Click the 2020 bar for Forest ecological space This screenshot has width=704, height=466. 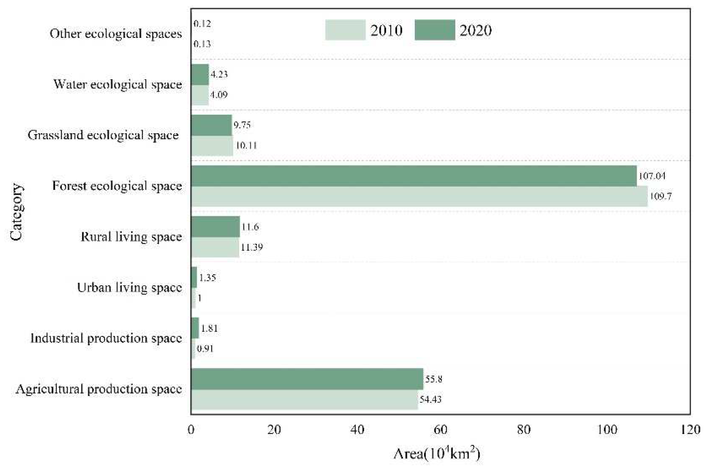[x=414, y=176]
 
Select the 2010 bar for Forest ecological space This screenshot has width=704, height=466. [x=419, y=196]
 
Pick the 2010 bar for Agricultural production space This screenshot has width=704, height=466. [x=304, y=399]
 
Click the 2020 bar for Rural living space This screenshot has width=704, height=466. [x=215, y=227]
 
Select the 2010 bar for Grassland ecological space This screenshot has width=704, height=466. [x=212, y=146]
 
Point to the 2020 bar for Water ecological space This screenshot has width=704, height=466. [x=200, y=75]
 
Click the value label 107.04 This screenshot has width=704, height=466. [x=652, y=176]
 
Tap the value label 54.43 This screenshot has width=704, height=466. [x=430, y=399]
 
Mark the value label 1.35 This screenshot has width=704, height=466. [x=207, y=277]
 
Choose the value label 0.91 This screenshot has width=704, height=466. [x=205, y=348]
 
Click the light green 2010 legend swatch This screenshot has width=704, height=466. [x=345, y=30]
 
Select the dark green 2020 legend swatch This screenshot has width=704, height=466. [x=435, y=30]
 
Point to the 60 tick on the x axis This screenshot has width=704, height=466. [x=440, y=430]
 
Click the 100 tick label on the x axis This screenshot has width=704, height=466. [x=607, y=430]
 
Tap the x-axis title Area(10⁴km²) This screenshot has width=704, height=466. [x=437, y=454]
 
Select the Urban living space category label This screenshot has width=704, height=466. [x=129, y=287]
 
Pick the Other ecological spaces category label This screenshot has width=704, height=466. [x=116, y=34]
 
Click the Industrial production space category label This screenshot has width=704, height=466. [x=106, y=338]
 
